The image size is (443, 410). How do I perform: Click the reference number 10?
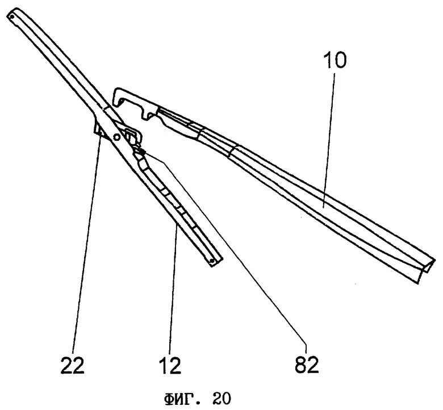(x=336, y=61)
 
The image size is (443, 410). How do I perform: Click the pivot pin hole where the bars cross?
(x=117, y=137)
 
